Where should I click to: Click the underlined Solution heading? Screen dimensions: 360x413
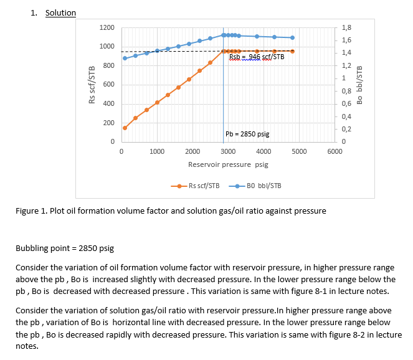(60, 12)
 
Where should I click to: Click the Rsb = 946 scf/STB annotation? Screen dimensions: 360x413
(257, 57)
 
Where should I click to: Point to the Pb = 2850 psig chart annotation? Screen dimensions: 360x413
(247, 134)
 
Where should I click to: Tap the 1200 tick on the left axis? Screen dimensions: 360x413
(107, 28)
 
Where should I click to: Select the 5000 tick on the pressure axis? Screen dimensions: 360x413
(299, 151)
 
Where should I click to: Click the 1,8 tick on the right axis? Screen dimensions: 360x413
(348, 28)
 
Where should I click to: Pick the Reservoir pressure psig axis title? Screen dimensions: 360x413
(228, 165)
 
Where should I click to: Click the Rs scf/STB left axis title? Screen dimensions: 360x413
(92, 85)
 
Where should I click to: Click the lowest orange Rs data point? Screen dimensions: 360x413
(125, 128)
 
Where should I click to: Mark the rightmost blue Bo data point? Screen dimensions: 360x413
(292, 37)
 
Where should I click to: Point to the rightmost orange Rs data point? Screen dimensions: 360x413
(292, 51)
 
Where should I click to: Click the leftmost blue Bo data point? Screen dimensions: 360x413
(125, 58)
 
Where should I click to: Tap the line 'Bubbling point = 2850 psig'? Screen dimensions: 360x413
(64, 248)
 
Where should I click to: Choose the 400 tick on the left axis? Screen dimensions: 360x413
(108, 104)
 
